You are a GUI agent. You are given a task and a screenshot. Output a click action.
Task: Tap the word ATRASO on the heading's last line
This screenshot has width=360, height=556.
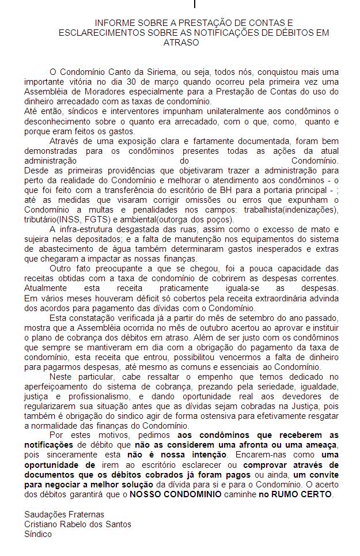click(181, 42)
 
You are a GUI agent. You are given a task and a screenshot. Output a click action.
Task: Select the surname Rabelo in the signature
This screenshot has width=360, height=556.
click(80, 524)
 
